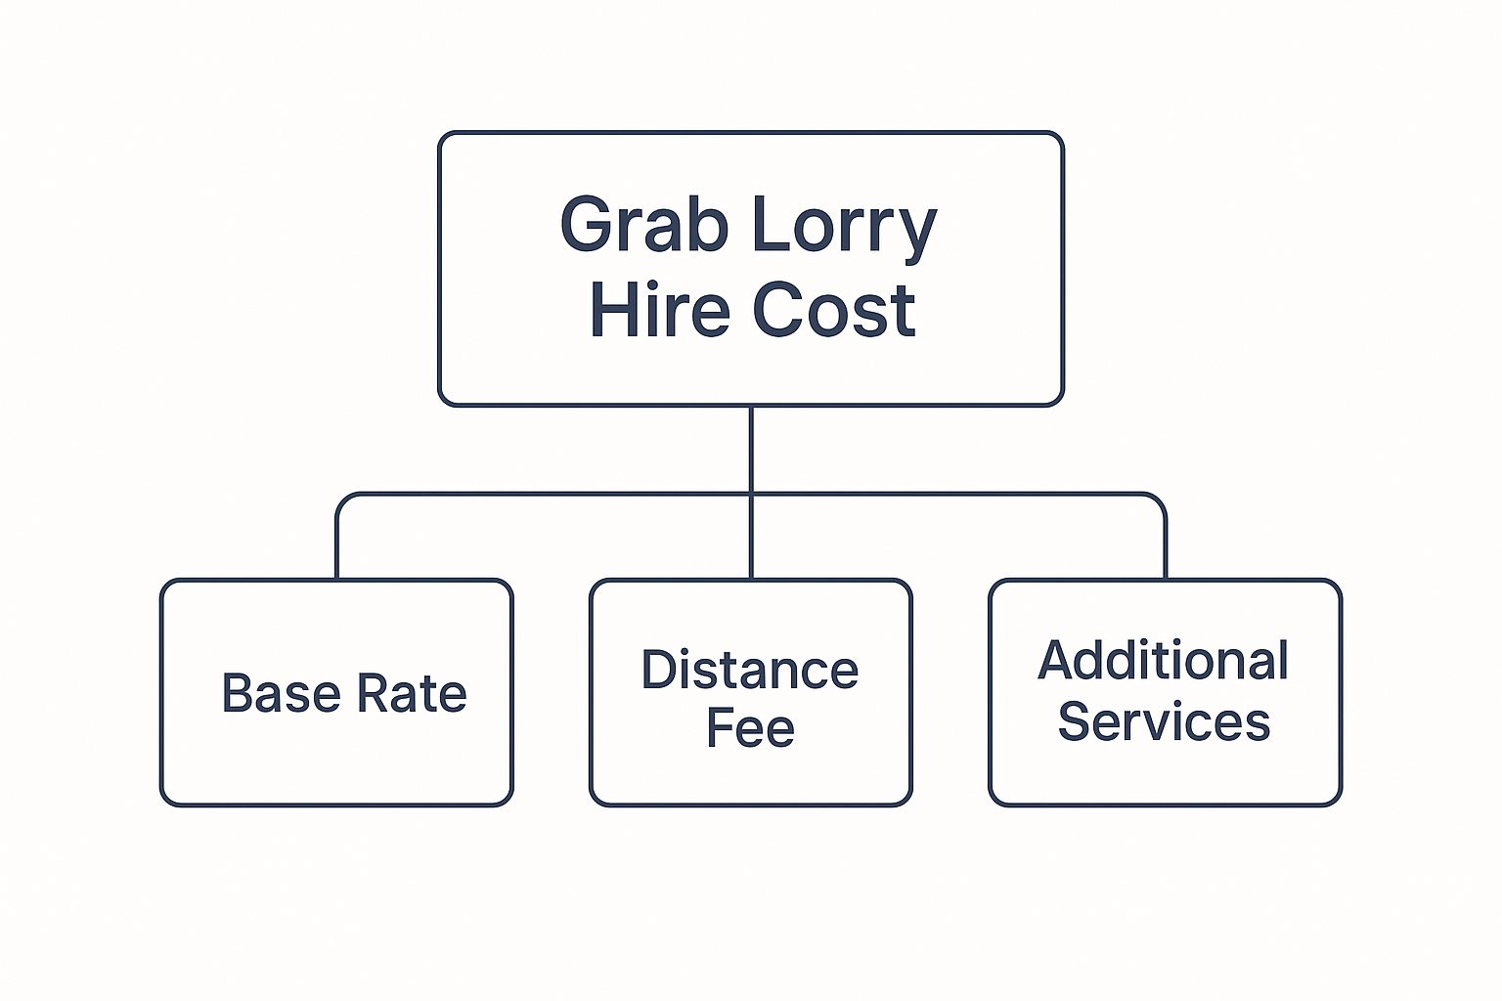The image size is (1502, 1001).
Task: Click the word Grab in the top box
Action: click(x=643, y=224)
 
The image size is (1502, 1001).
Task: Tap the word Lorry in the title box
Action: click(x=844, y=230)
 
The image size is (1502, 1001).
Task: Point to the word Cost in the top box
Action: click(x=833, y=311)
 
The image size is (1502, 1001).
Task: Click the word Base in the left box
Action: click(x=281, y=693)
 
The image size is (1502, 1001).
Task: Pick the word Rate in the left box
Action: click(x=412, y=693)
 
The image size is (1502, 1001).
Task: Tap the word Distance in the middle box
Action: click(x=750, y=669)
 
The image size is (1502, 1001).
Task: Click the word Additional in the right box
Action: click(x=1163, y=661)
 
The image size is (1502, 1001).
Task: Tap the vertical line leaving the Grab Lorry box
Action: click(x=751, y=450)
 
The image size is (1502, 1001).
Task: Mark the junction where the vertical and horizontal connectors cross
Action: click(x=751, y=495)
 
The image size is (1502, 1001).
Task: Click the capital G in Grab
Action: click(x=586, y=224)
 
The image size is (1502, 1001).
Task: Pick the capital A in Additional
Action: click(x=1057, y=661)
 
